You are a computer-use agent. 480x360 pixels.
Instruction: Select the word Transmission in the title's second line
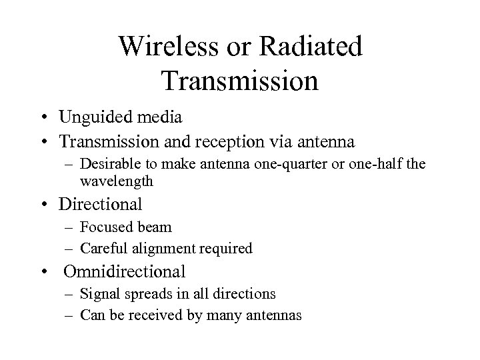click(x=240, y=81)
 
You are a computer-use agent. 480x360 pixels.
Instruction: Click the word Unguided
click(x=91, y=119)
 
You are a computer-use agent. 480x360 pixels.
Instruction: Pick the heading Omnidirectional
click(x=124, y=272)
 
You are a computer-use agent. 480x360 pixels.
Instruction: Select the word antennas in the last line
click(x=275, y=315)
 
